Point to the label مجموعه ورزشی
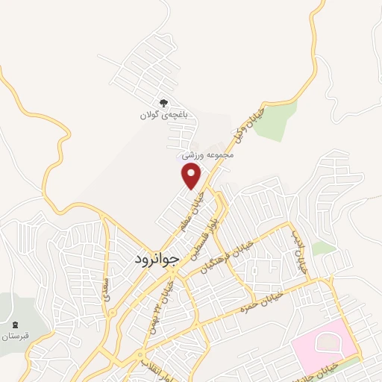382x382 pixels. [x=210, y=156]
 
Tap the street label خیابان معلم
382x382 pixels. [x=191, y=210]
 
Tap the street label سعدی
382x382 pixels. [x=109, y=285]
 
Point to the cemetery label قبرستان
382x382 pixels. [x=15, y=336]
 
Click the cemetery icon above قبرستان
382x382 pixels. [x=15, y=323]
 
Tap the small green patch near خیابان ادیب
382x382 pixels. [x=323, y=248]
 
